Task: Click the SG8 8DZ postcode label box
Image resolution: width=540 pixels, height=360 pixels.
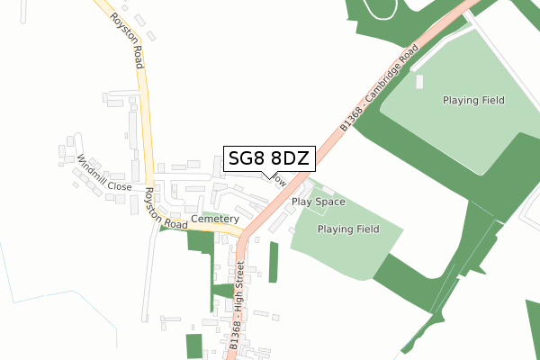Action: (269, 158)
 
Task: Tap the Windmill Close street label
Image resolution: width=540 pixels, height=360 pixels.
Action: (104, 175)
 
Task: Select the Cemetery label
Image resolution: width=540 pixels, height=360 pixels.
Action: (215, 219)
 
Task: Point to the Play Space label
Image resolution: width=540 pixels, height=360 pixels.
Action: (319, 202)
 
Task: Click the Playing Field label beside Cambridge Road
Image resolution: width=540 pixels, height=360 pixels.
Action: (473, 100)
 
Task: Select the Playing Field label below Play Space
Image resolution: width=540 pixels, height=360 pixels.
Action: (348, 229)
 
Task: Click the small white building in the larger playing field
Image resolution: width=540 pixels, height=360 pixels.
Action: (419, 82)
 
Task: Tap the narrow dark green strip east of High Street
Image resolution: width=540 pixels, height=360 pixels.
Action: (274, 262)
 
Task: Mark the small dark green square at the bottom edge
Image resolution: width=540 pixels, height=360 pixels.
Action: (194, 346)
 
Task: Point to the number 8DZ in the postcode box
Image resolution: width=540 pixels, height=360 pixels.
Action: (290, 158)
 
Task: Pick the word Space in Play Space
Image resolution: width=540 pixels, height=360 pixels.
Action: (330, 202)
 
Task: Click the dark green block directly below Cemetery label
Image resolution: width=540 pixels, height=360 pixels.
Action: (201, 240)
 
